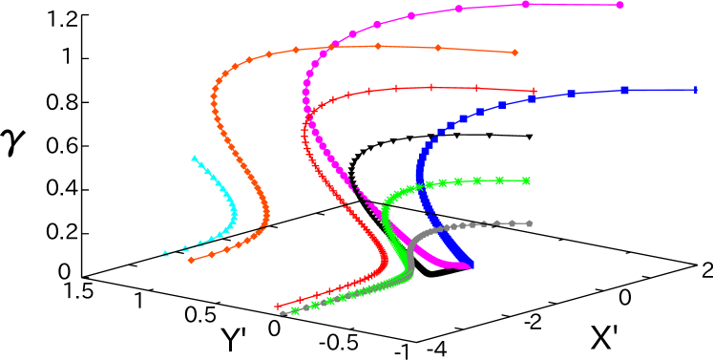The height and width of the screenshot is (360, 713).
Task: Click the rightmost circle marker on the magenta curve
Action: point(619,5)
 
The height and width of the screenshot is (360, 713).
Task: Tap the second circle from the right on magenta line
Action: point(526,4)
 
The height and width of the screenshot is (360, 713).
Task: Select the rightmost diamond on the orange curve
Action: point(514,53)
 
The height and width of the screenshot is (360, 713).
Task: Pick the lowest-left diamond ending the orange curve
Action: point(192,260)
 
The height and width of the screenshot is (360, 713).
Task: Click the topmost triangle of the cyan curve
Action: point(194,159)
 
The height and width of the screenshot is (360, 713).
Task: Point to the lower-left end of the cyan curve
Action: point(165,254)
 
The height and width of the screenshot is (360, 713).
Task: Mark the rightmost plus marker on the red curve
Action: point(534,92)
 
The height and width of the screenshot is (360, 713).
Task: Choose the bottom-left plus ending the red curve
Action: point(278,307)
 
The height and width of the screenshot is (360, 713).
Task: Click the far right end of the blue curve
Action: point(696,90)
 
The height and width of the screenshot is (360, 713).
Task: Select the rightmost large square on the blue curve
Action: point(624,90)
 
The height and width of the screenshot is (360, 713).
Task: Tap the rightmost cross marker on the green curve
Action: point(526,180)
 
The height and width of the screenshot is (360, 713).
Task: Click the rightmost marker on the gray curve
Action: point(529,223)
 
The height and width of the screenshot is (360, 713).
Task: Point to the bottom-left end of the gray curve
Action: point(283,312)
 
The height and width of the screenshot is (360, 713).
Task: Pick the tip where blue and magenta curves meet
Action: point(470,265)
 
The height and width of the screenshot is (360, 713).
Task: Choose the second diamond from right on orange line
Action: point(437,48)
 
